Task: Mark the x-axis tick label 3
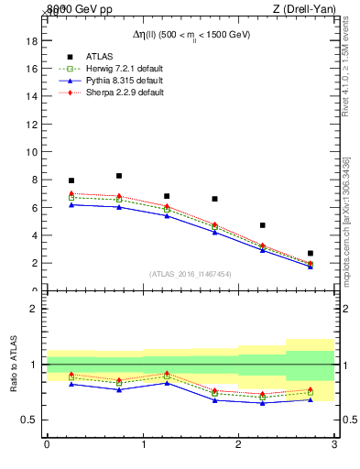coord(334,444)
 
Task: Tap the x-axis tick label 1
coord(143,444)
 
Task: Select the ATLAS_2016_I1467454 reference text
coord(190,273)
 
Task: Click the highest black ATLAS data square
coord(119,176)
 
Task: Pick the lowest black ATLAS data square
coord(311,253)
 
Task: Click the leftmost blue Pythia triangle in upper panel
coord(71,204)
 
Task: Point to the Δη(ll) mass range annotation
coord(190,34)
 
